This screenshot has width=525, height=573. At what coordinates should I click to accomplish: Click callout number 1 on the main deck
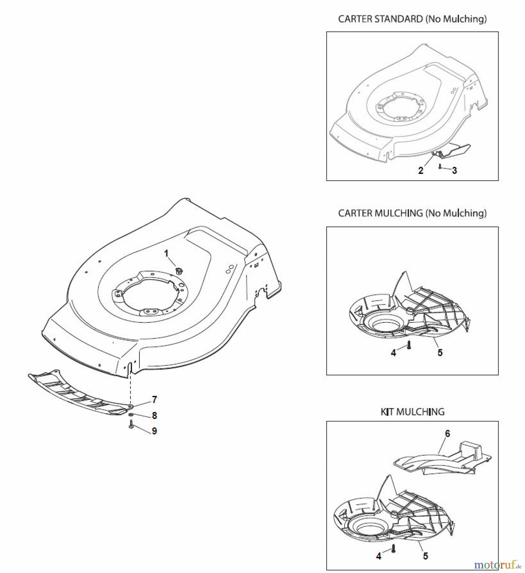click(166, 253)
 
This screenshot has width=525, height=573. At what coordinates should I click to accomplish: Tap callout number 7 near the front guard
click(154, 399)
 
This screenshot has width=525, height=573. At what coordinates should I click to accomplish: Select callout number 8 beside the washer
click(154, 415)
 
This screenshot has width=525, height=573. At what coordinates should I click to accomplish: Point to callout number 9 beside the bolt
click(154, 431)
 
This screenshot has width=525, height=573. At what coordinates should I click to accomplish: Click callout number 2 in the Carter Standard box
click(421, 171)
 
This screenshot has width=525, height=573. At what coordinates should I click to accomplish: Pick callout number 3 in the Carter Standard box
click(454, 171)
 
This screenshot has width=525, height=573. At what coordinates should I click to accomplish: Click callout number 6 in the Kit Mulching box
click(448, 433)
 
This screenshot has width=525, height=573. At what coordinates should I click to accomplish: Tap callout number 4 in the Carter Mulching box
click(393, 353)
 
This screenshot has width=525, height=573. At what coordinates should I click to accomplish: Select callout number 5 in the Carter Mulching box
click(440, 353)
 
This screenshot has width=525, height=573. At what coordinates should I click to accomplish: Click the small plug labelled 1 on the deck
click(178, 271)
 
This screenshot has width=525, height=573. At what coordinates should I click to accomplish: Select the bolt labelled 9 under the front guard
click(131, 425)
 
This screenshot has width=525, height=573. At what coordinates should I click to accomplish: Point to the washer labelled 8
click(131, 415)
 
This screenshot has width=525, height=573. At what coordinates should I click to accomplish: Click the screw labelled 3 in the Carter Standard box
click(439, 166)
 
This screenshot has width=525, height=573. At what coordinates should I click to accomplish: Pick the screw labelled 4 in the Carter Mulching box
click(409, 345)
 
